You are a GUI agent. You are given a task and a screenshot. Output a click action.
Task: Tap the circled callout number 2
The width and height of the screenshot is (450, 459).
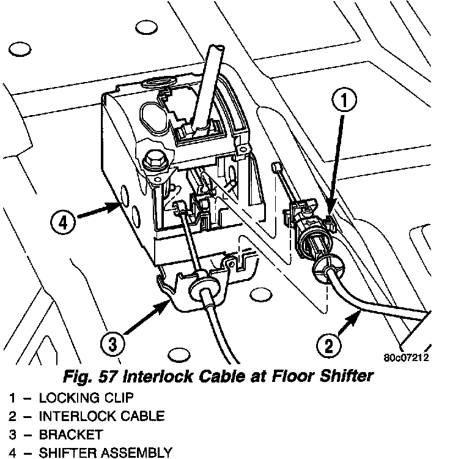pos(329,347)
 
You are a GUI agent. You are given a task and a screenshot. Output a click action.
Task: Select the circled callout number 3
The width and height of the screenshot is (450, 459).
pos(112,345)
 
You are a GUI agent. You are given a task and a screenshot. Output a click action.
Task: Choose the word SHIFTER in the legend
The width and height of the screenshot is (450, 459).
pos(65,453)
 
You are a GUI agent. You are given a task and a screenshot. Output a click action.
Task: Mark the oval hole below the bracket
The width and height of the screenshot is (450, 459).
pos(179,354)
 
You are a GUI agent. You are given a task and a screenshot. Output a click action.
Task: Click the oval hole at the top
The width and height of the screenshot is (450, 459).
pos(147,28)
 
